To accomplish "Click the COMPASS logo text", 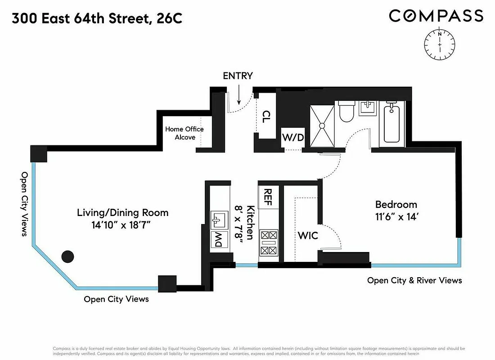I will (436, 16).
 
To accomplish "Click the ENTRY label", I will (238, 76).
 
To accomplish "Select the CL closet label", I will (266, 117).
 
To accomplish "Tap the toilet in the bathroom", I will (346, 112).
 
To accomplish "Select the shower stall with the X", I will (322, 126).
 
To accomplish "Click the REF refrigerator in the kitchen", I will (268, 197).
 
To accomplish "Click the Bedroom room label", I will (396, 205).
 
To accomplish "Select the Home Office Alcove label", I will (184, 133).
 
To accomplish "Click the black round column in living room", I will (67, 256).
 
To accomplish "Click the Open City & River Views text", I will (414, 280).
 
